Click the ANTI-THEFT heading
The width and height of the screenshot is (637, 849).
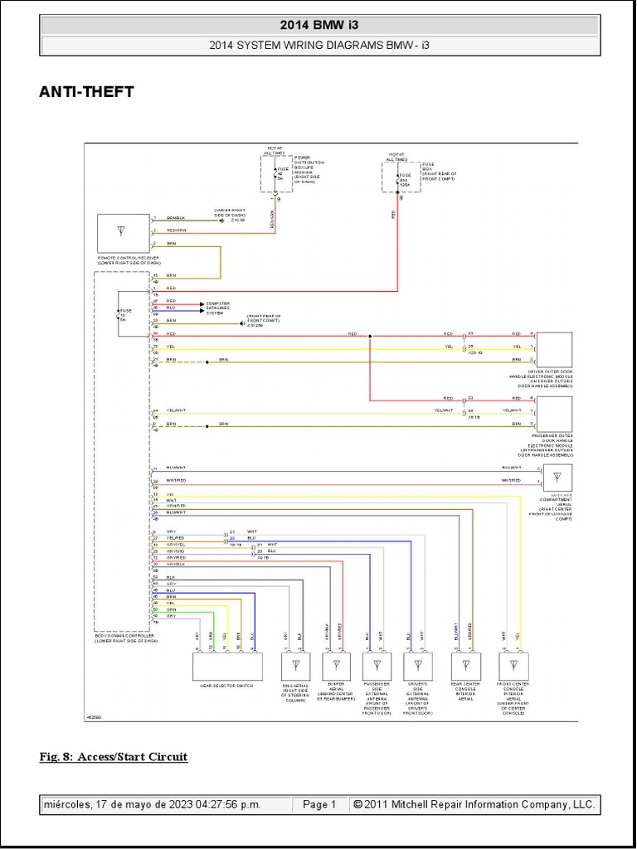[86, 93]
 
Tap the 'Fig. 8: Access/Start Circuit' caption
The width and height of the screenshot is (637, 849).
[114, 756]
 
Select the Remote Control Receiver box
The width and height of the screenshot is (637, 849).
[123, 233]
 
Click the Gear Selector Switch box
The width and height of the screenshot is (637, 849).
[227, 667]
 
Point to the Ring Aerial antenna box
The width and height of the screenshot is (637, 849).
[295, 666]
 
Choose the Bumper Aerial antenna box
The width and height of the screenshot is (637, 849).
[336, 666]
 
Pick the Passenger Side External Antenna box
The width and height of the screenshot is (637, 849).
[377, 666]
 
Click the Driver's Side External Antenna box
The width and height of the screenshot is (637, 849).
[417, 666]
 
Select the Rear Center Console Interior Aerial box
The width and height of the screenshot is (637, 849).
[464, 666]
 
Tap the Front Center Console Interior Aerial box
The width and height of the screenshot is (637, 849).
[512, 666]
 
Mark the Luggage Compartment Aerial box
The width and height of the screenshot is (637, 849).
[557, 477]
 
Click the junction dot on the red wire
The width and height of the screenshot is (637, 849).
[370, 336]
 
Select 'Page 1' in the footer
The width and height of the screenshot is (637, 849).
[318, 804]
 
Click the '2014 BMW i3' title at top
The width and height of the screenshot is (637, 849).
[318, 26]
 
